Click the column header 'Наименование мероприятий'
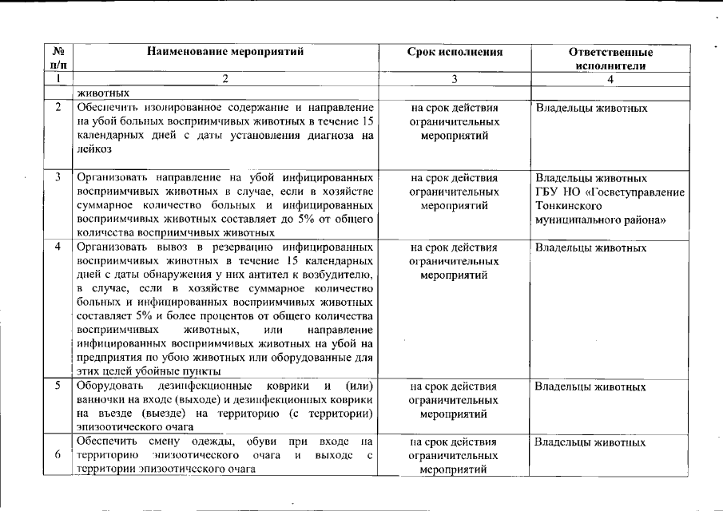(226, 53)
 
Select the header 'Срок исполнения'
(455, 53)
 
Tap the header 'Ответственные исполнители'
(610, 59)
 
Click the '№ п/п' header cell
(58, 58)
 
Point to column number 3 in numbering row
(455, 79)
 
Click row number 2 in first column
(58, 107)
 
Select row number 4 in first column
(58, 247)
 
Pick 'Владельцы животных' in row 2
(590, 108)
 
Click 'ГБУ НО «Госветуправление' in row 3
(610, 192)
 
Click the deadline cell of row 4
(455, 261)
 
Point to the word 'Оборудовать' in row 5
(109, 386)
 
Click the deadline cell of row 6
(455, 455)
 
